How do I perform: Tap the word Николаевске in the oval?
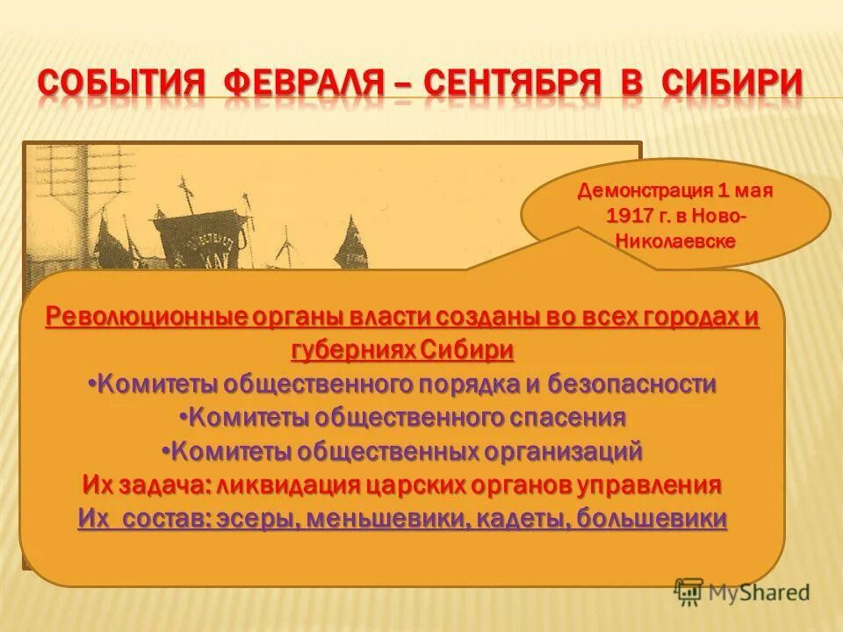[x=675, y=241]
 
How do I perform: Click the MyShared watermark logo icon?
[x=690, y=592]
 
